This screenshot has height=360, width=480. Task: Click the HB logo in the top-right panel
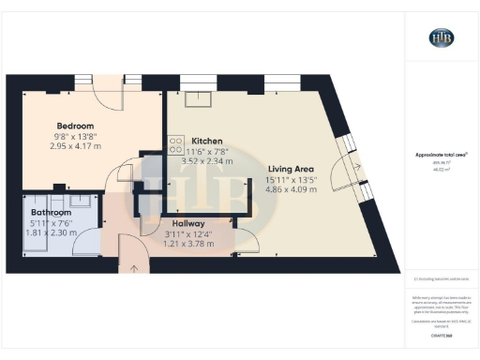coord(442,37)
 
